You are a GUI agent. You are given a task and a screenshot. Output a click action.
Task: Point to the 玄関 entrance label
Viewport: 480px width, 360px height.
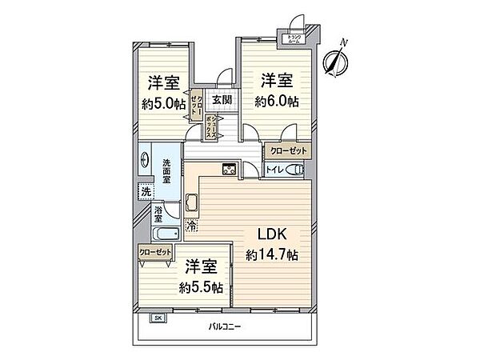tap(222, 99)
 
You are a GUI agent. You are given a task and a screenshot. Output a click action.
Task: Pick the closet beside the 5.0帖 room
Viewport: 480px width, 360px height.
tap(196, 102)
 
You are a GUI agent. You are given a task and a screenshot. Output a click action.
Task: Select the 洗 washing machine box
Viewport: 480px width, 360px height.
tap(145, 191)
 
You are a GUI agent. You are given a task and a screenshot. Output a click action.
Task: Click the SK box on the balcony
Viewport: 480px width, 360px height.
tap(158, 318)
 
